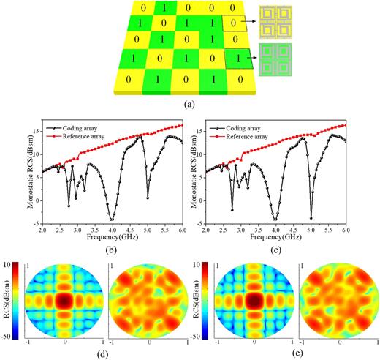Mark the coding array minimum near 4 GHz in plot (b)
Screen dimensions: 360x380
112,219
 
